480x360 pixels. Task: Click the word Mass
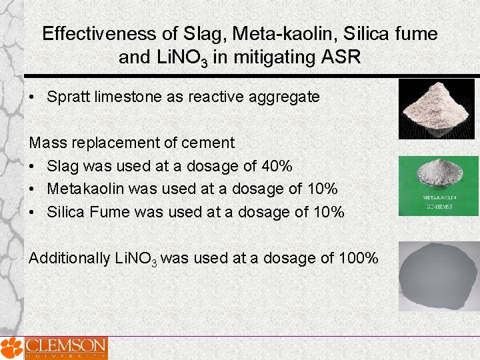[47, 142]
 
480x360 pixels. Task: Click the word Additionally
[69, 257]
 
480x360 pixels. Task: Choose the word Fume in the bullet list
[111, 212]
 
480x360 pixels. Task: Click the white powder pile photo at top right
[437, 109]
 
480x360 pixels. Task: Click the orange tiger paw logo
[11, 347]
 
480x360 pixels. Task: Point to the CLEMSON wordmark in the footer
[65, 346]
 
